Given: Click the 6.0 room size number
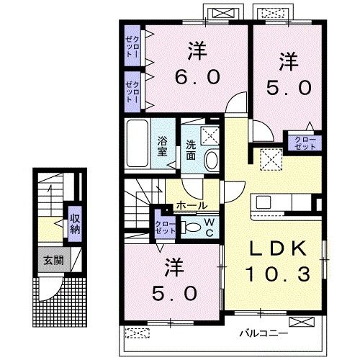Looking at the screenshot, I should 195,77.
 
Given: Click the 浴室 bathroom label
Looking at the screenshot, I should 163,146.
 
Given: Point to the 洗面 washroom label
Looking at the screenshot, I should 192,146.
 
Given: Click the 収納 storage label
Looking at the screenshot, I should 74,225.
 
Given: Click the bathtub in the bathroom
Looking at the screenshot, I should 137,145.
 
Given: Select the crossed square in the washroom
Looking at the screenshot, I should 211,134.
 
